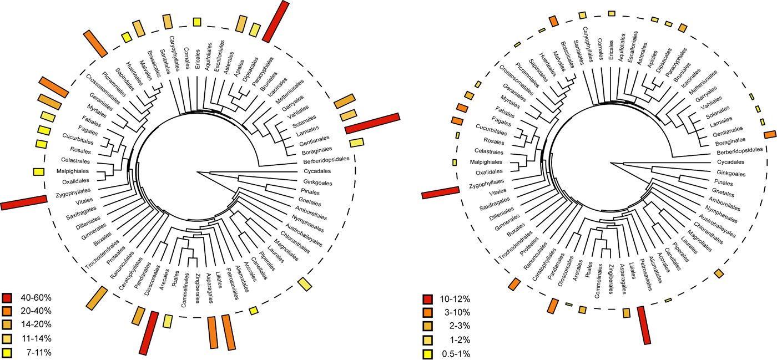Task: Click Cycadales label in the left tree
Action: coord(322,171)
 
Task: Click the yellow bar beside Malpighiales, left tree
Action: coord(38,171)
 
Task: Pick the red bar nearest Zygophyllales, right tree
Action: coord(440,192)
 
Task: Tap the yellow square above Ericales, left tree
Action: coord(196,22)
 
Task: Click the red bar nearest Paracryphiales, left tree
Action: coord(276,22)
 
